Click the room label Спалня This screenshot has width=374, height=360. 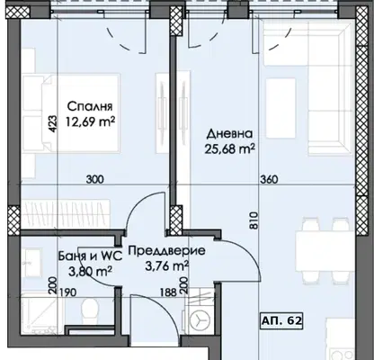tap(90, 106)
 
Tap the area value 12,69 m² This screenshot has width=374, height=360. tap(91, 121)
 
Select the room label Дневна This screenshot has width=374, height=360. tap(229, 134)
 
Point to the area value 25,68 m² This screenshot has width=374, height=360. tap(230, 148)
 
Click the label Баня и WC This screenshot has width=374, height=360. tap(90, 256)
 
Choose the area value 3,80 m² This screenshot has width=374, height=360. tap(91, 272)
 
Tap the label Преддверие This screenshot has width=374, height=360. tap(167, 250)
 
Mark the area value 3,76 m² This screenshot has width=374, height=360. tap(166, 265)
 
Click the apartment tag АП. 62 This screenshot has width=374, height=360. tap(281, 320)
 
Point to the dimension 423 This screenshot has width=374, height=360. tap(52, 124)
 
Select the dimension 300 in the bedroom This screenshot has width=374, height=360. tap(95, 179)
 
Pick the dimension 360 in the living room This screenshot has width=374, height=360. tap(269, 179)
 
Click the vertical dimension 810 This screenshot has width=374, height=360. tap(254, 220)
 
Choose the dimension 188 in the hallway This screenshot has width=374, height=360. tap(168, 292)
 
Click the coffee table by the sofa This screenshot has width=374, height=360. tap(280, 108)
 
